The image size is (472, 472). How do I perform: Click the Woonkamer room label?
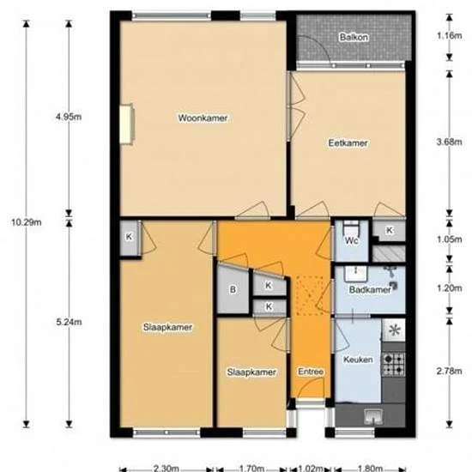[203, 118]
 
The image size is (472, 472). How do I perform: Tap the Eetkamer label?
[348, 143]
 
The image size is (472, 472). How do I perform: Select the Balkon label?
[352, 39]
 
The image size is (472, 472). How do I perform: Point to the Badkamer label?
[370, 290]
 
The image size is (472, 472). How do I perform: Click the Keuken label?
[358, 360]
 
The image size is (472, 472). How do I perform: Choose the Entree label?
[310, 371]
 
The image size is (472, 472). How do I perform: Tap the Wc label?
[352, 241]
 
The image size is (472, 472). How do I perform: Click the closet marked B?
[232, 289]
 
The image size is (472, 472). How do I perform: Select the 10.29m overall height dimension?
[27, 222]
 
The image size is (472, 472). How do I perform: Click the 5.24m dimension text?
[68, 322]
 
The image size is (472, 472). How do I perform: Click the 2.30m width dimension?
[166, 469]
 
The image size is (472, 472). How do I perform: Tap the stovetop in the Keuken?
[393, 364]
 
